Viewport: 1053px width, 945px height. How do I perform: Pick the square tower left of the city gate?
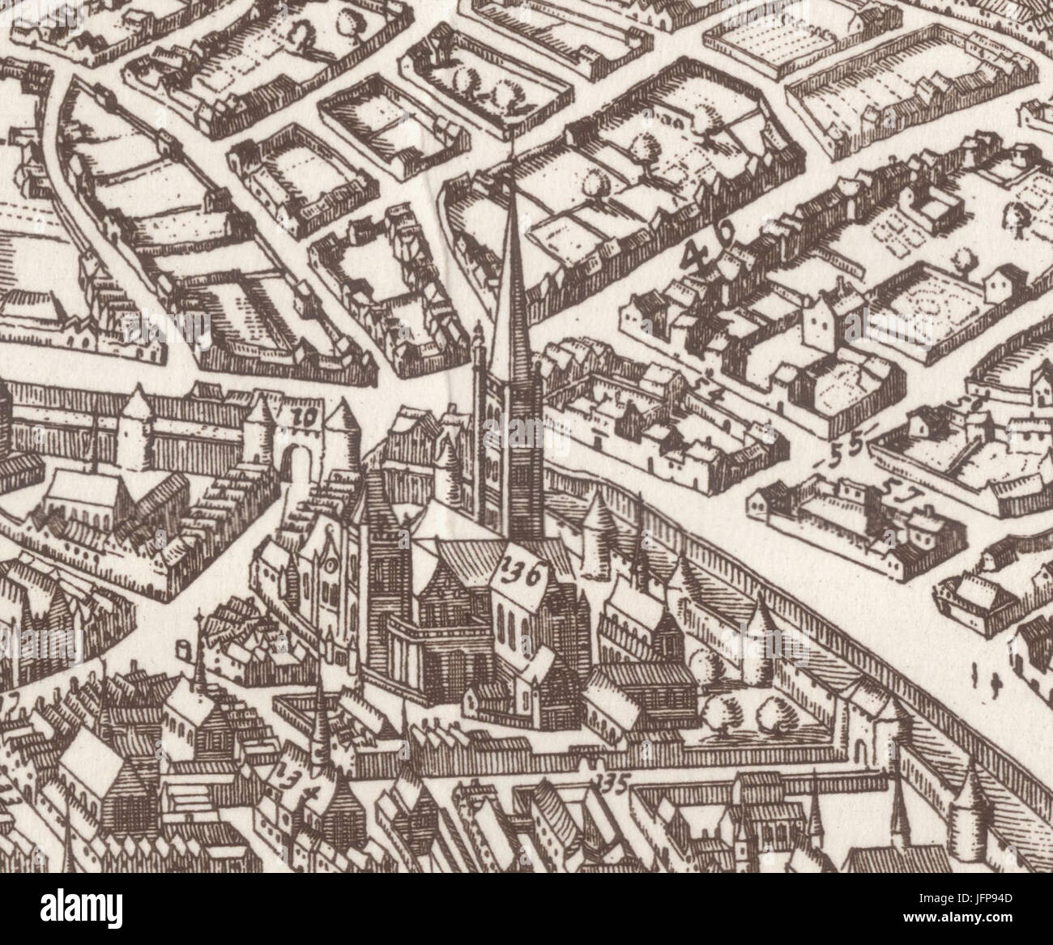(137, 431)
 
